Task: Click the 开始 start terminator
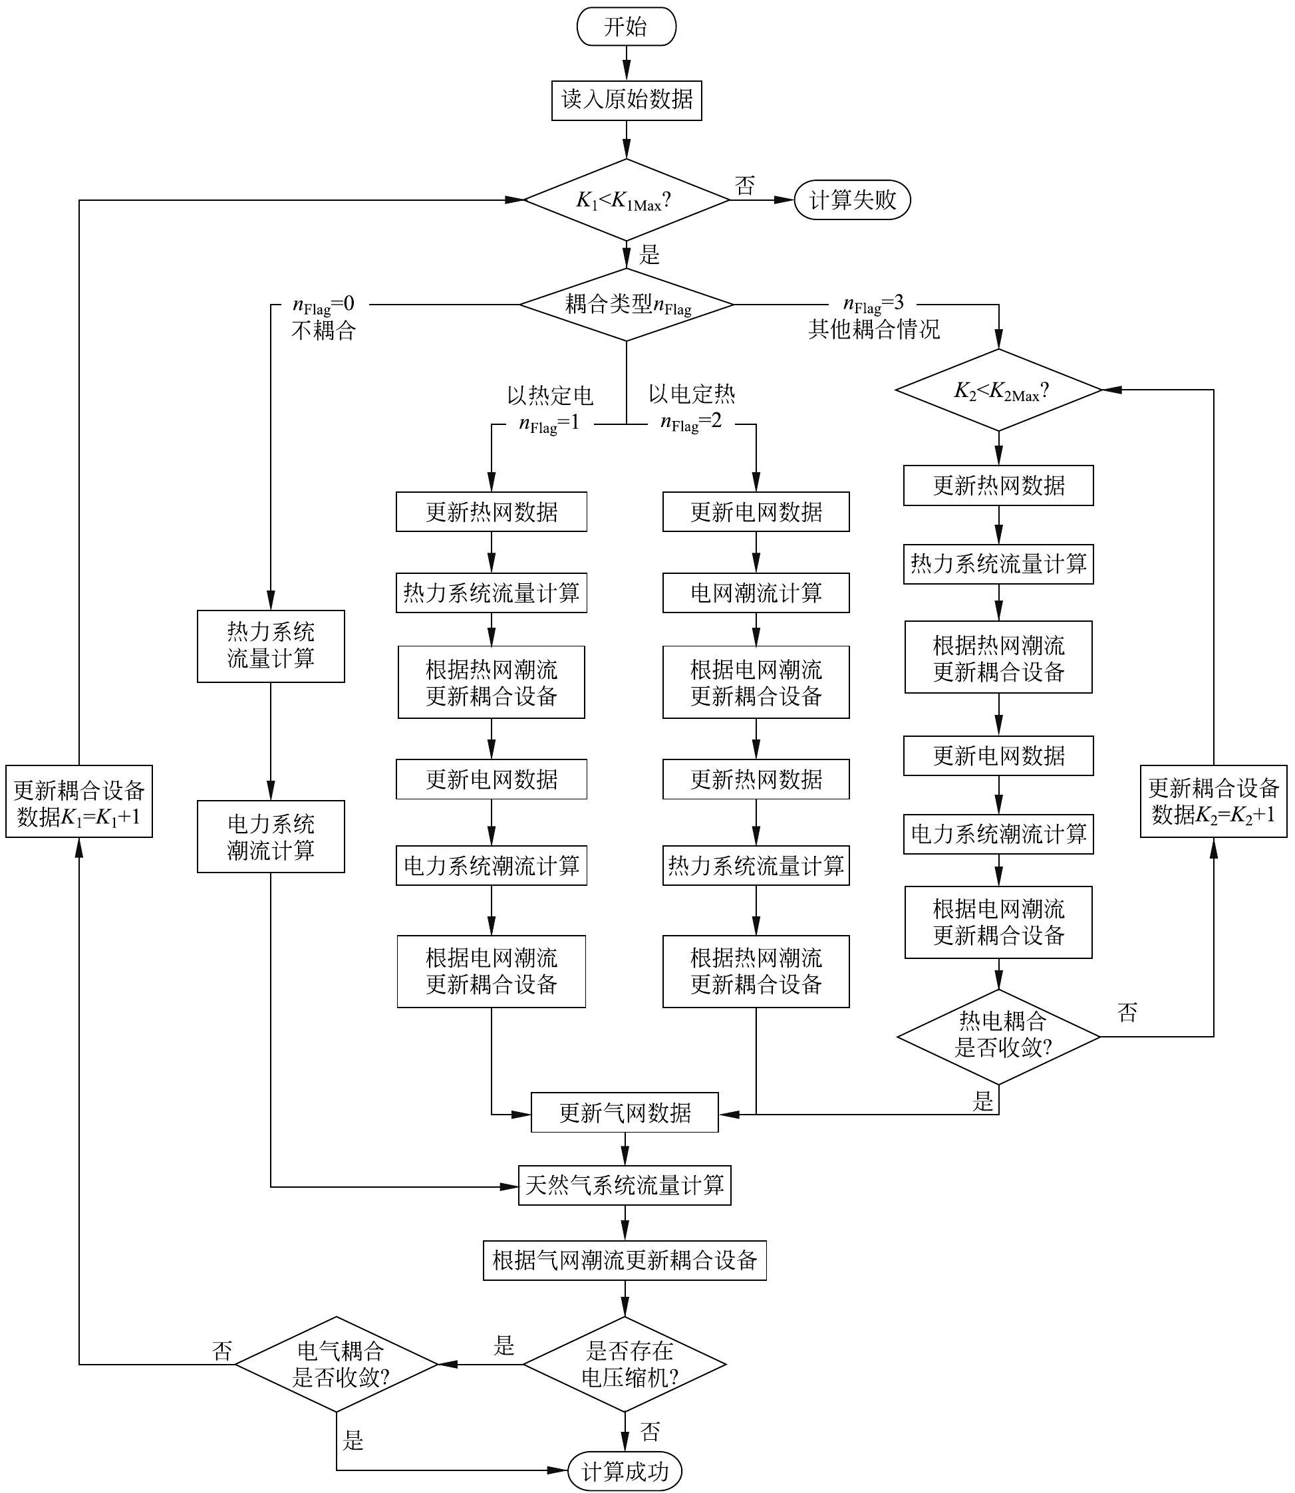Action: [626, 27]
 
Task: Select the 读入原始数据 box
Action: [626, 100]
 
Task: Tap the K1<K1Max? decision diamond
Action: [626, 200]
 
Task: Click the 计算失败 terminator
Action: [852, 200]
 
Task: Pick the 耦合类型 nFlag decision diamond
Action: [626, 304]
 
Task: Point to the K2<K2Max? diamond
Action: [999, 390]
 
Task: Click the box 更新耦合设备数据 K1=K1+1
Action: [78, 801]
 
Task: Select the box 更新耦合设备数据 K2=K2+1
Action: [1213, 801]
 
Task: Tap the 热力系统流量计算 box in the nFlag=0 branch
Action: [270, 646]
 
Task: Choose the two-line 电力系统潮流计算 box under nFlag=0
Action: [270, 836]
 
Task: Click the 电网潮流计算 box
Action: [756, 593]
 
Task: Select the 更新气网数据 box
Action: [625, 1112]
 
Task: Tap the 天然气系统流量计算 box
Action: [625, 1184]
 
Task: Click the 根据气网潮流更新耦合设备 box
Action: [625, 1260]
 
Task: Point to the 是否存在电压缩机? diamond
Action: [625, 1365]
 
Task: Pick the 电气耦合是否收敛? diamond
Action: [337, 1365]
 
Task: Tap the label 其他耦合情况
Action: [874, 330]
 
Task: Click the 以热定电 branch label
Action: [550, 395]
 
